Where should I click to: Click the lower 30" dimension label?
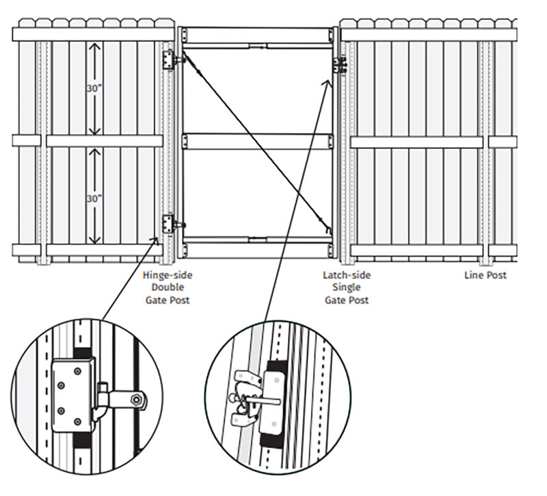(94, 198)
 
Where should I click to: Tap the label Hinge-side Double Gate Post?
(167, 287)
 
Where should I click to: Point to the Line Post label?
(485, 276)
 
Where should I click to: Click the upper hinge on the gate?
(171, 61)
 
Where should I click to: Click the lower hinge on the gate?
(171, 223)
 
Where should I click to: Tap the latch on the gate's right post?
(340, 64)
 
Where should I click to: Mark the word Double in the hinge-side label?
(167, 287)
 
